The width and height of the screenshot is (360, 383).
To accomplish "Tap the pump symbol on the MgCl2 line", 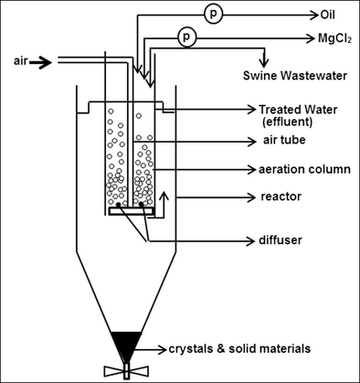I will pos(186,38).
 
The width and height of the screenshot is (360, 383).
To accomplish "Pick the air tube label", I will pos(281,141).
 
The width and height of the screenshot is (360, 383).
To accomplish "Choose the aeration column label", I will pos(302,170).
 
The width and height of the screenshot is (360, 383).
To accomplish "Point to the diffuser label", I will pos(281,240).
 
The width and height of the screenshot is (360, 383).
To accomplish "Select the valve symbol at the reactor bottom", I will pos(121,371).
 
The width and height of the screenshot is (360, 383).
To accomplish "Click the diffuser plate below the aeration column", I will pos(131,211).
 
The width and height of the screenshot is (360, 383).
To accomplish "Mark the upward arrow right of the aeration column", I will pos(164,200).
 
